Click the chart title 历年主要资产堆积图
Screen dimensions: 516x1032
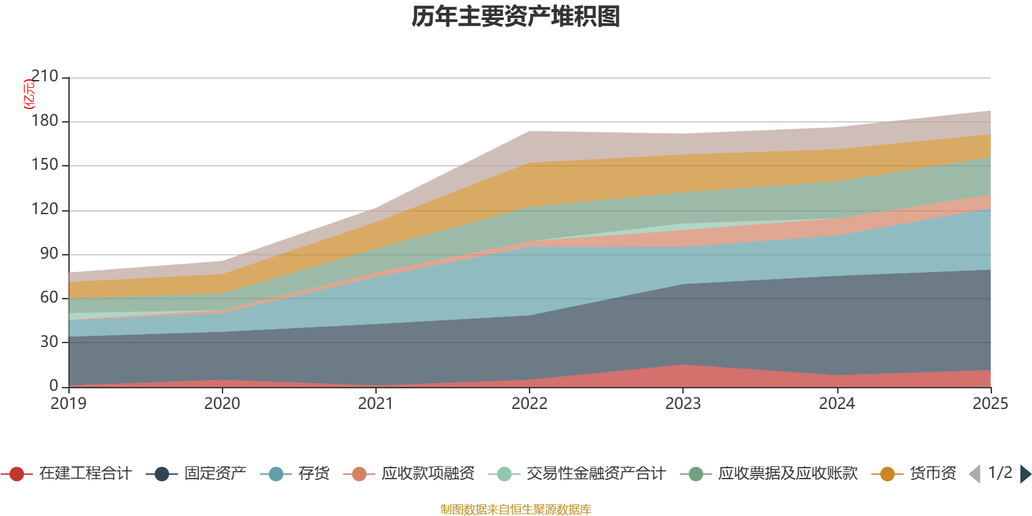tap(516, 17)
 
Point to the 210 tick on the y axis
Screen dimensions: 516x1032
tap(45, 77)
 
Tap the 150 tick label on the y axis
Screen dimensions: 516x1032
tap(45, 165)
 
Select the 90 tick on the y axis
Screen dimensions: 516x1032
tap(49, 253)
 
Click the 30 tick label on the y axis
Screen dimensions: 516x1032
tap(49, 342)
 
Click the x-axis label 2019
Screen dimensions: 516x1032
tap(69, 404)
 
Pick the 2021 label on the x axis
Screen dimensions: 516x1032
tap(376, 404)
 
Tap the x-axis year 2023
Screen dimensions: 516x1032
tap(683, 404)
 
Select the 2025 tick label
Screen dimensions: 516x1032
tap(989, 404)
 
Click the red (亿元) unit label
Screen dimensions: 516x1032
tap(28, 94)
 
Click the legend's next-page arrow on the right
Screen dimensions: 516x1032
tap(1026, 474)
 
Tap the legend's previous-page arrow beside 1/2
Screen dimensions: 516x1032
tap(975, 474)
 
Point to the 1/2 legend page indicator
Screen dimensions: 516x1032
tap(1000, 473)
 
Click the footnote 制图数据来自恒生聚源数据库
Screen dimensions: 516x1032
tap(516, 510)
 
